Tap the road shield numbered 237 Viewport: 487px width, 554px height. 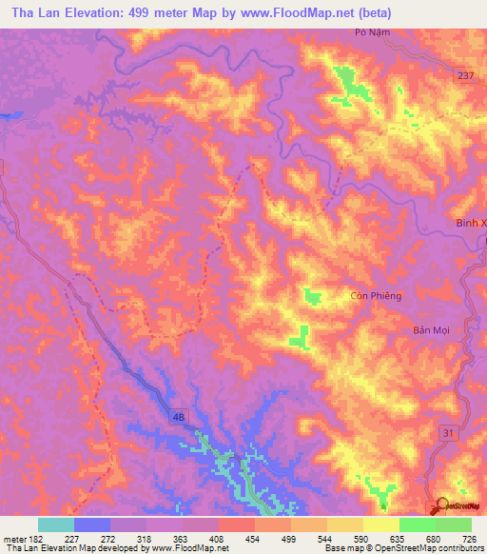tap(463, 76)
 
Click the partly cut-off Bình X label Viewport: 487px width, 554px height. tap(470, 223)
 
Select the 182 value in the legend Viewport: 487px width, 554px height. tap(31, 537)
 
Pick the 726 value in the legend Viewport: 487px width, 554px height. tap(470, 537)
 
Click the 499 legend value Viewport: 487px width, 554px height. tap(289, 537)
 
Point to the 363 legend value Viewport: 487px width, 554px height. tap(181, 537)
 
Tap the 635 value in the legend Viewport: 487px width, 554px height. tap(398, 537)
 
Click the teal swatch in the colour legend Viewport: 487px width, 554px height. tap(55, 524)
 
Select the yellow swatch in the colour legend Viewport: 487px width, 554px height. tap(381, 524)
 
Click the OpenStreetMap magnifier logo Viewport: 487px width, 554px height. tap(441, 505)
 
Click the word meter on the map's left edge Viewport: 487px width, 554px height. tap(10, 115)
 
